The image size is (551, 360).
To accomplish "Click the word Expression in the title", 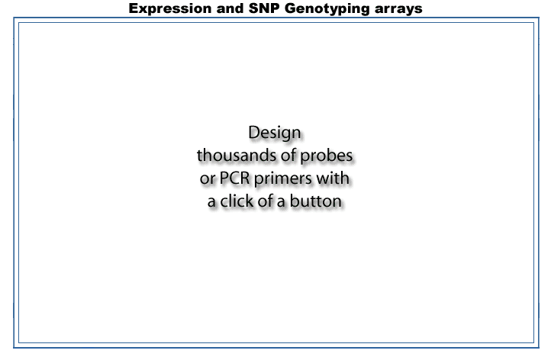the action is [170, 9].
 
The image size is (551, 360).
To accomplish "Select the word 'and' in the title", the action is [230, 8].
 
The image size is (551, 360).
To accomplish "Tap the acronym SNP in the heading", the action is [264, 8].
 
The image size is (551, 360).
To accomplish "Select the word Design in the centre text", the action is [275, 133].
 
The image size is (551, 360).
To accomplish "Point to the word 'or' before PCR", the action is [208, 178].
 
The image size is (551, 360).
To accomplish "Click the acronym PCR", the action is [234, 178].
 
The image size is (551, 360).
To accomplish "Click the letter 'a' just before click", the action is [211, 202].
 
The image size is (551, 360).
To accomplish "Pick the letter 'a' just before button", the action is [281, 202].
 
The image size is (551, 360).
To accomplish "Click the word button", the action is [315, 201].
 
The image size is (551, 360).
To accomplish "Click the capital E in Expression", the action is [134, 8].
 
